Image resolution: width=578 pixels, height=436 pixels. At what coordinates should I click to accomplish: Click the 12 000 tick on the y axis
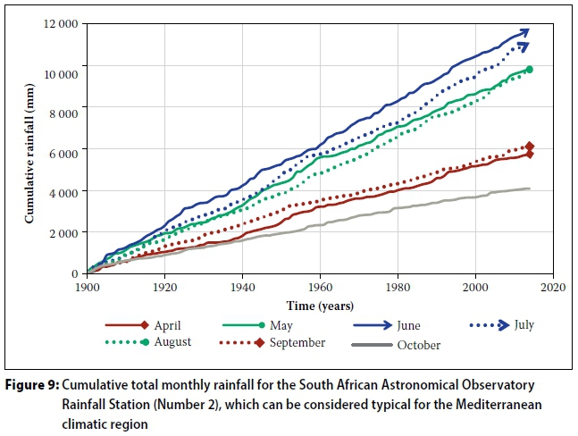pyautogui.click(x=58, y=23)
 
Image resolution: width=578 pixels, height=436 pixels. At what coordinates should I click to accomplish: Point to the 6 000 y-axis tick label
pyautogui.click(x=61, y=148)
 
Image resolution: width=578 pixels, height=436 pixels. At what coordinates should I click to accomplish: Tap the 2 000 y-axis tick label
pyautogui.click(x=61, y=232)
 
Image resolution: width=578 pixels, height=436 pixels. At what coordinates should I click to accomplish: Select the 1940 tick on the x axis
pyautogui.click(x=241, y=289)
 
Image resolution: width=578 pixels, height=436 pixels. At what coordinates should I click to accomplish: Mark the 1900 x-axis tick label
pyautogui.click(x=86, y=289)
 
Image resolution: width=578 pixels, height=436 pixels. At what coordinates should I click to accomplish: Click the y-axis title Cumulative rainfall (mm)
pyautogui.click(x=29, y=148)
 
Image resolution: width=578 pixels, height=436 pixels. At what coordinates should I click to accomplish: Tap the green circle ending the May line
pyautogui.click(x=529, y=70)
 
